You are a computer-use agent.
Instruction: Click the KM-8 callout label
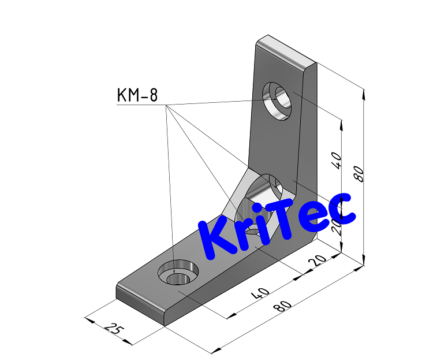(x=137, y=95)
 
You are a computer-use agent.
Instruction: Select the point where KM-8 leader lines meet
(x=166, y=106)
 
